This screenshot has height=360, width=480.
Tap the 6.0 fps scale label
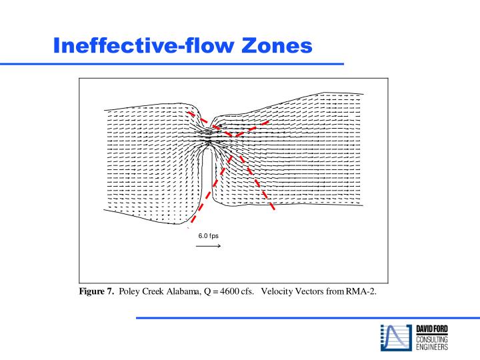(208, 236)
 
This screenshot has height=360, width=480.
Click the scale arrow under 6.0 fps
(208, 246)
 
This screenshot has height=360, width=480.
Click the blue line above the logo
(307, 318)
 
